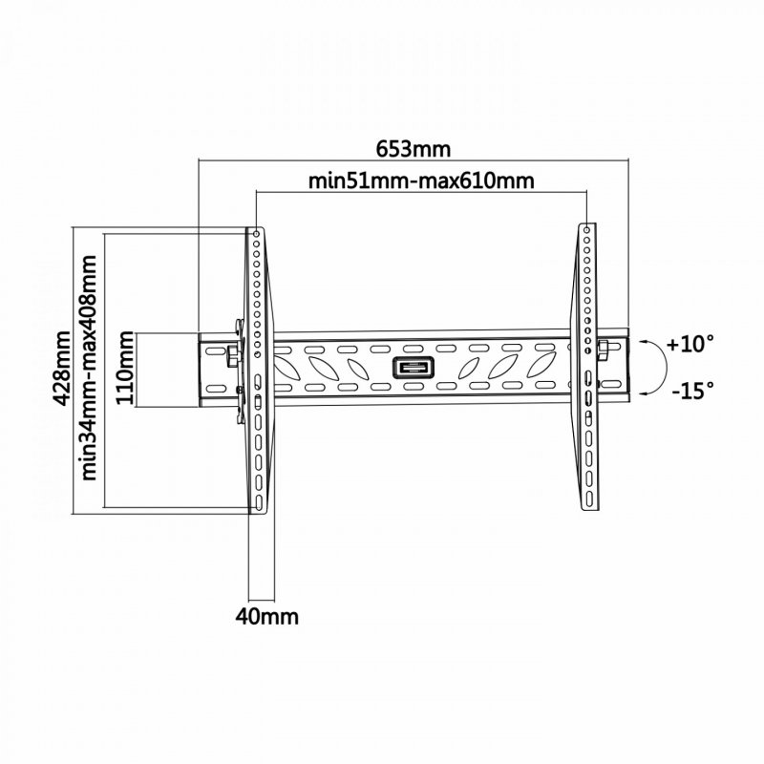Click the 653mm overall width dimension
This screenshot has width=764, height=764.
413,150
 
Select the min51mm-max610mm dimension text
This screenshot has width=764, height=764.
420,181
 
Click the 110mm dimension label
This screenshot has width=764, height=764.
126,370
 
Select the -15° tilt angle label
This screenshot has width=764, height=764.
690,391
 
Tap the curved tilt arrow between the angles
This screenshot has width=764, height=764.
652,367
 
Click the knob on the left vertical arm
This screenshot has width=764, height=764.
232,355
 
